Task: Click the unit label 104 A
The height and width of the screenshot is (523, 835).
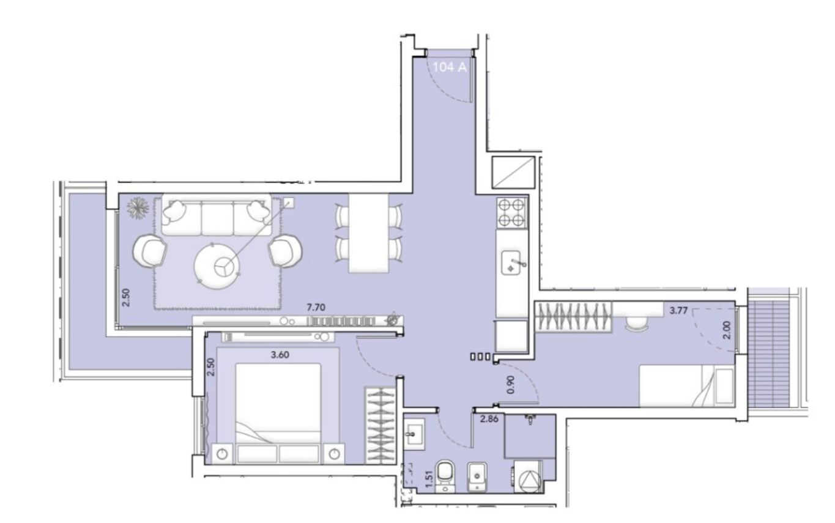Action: tap(450, 67)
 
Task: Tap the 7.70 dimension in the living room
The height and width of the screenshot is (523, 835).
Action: tap(316, 308)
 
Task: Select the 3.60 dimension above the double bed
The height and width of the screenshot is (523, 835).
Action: tap(280, 355)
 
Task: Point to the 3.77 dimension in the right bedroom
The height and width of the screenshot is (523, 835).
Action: tap(678, 311)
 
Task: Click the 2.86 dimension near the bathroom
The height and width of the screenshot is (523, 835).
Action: tap(489, 418)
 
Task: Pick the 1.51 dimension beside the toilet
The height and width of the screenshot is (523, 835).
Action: tap(429, 479)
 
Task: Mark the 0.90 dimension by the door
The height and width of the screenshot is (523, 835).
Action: tap(511, 385)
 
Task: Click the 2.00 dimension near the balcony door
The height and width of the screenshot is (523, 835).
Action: tap(727, 330)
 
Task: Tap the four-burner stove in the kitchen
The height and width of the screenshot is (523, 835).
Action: tap(511, 212)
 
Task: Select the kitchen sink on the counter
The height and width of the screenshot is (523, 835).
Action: tap(511, 262)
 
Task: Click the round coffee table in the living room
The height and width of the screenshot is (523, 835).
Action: tap(217, 266)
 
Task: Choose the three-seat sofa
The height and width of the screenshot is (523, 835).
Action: tap(217, 215)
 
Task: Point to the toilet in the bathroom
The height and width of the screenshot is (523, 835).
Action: tap(445, 477)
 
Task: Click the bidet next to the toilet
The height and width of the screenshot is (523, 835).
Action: tap(478, 478)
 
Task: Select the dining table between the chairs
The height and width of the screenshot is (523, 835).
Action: tap(368, 233)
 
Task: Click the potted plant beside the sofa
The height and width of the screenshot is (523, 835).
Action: tap(138, 207)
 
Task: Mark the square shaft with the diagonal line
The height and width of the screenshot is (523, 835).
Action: tap(513, 172)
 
